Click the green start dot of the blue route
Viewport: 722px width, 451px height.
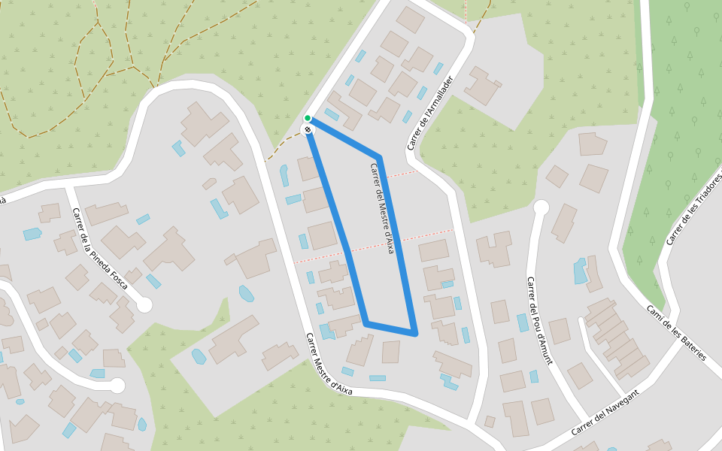(308, 119)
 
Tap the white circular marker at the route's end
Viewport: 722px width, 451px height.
(308, 130)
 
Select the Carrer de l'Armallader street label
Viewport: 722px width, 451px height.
(431, 113)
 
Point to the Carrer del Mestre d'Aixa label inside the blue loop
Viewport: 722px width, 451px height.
(382, 208)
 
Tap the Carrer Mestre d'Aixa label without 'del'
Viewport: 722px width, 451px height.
(329, 364)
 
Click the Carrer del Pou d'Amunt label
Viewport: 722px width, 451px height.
(539, 321)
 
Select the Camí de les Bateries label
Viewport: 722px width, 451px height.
(676, 332)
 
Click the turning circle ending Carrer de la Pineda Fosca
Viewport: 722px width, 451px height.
(144, 304)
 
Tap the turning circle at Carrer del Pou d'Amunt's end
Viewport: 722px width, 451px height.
(541, 207)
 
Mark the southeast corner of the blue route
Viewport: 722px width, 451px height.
(414, 331)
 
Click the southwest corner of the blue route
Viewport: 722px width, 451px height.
(367, 324)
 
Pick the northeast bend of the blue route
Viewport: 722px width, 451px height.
(380, 158)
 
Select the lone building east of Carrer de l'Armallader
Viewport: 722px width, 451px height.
(482, 86)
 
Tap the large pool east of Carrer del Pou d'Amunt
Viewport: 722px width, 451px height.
(580, 271)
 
